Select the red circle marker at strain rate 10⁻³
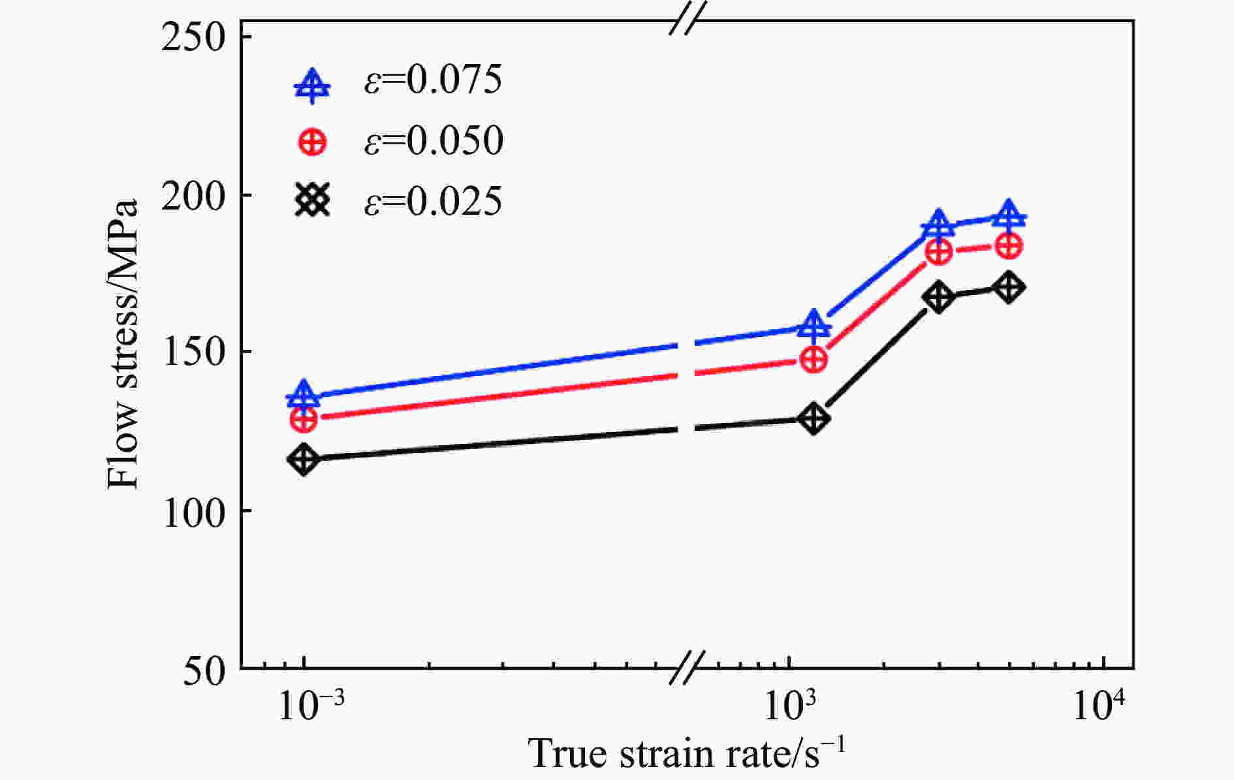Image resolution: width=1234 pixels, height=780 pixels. (x=304, y=419)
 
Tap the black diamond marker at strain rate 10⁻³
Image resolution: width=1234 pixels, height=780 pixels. (x=304, y=460)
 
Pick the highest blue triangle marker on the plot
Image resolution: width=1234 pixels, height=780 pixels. (x=1009, y=216)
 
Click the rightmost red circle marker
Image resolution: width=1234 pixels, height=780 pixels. (x=1009, y=246)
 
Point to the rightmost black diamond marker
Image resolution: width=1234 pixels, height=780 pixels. (x=1009, y=287)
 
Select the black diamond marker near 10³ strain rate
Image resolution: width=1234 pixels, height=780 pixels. (x=814, y=418)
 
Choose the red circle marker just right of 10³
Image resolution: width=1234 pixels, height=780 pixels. (x=814, y=359)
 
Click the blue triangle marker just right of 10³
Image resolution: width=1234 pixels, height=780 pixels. (x=814, y=324)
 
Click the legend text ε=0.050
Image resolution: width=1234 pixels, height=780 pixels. (x=434, y=140)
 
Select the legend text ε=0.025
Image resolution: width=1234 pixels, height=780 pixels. (x=434, y=200)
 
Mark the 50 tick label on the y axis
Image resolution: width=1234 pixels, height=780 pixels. (x=204, y=670)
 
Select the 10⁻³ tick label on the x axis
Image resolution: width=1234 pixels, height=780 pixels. (x=304, y=706)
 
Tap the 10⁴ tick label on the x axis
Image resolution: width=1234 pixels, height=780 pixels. (x=1101, y=706)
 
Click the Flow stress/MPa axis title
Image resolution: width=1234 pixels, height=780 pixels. (x=123, y=344)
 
